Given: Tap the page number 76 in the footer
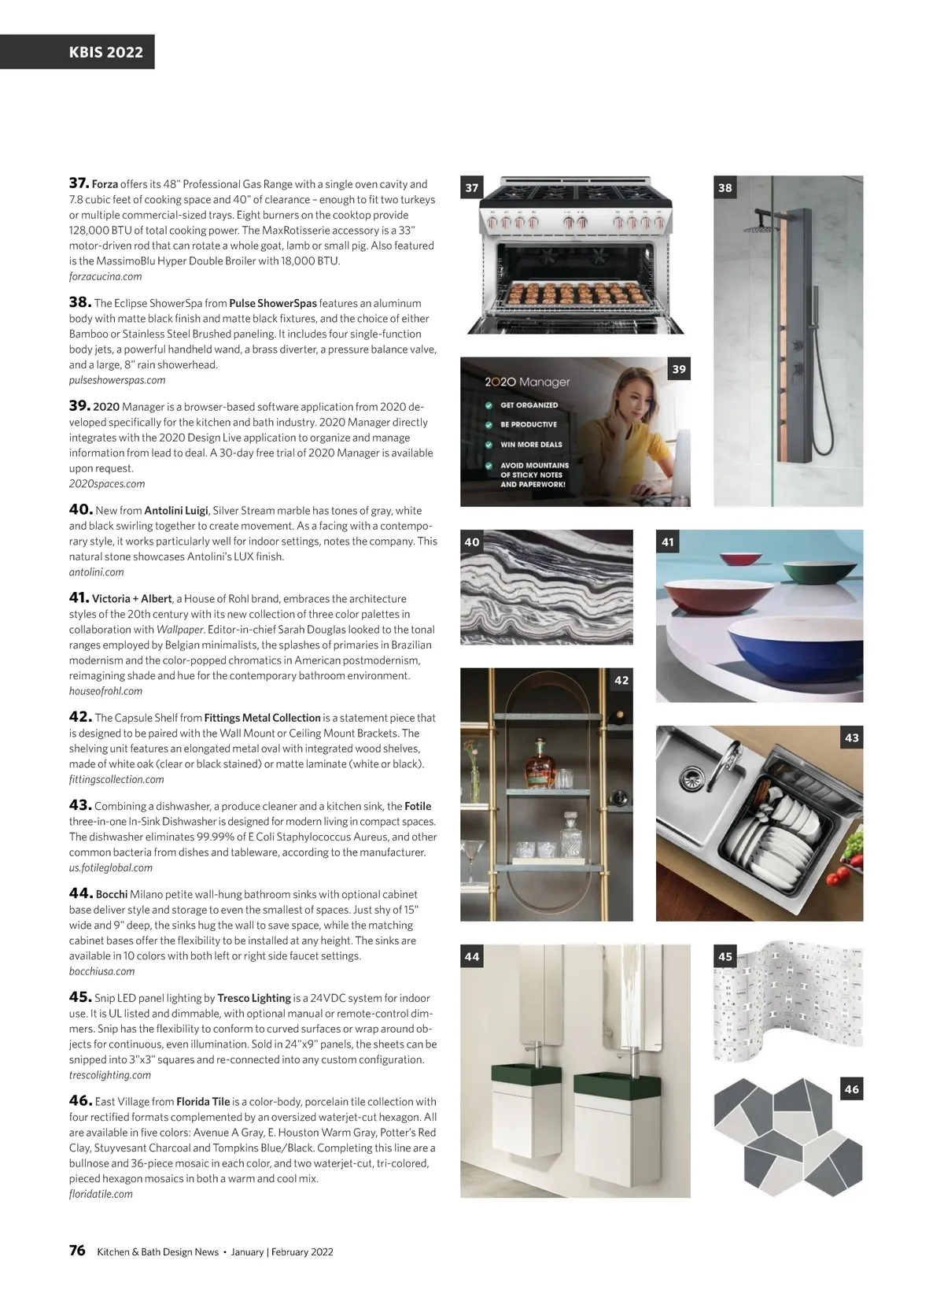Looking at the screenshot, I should click(x=77, y=1251).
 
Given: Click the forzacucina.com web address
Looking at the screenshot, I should click(x=105, y=276).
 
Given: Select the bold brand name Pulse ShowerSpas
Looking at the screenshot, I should click(x=272, y=303).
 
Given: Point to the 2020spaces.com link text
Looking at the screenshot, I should click(x=107, y=483).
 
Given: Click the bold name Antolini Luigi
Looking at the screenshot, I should click(x=175, y=510).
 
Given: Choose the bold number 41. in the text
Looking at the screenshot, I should click(x=79, y=598).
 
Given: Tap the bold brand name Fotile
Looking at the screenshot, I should click(x=418, y=806).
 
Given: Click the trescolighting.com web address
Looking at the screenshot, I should click(x=109, y=1074).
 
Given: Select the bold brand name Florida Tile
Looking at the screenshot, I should click(x=203, y=1101).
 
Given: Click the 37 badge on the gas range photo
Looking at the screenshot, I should click(x=472, y=187).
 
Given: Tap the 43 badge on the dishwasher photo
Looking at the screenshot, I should click(x=852, y=737).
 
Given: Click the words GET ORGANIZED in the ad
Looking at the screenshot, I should click(x=529, y=405).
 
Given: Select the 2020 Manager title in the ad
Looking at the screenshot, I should click(x=527, y=382).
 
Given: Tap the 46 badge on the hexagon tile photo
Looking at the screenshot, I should click(x=852, y=1089).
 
